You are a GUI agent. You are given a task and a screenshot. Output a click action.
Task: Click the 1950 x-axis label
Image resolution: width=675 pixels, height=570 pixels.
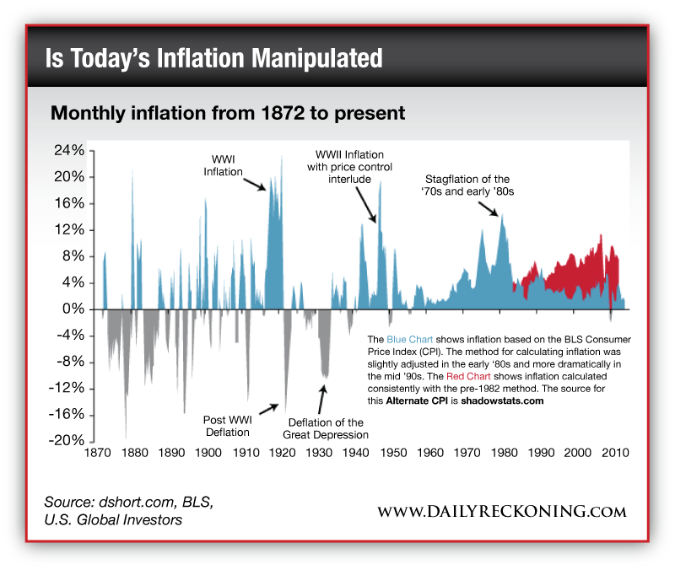click(393, 453)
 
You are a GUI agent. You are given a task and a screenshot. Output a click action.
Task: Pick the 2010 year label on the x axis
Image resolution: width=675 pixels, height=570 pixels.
click(615, 453)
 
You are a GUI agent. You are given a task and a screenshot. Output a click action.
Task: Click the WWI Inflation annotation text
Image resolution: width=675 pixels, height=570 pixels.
click(223, 165)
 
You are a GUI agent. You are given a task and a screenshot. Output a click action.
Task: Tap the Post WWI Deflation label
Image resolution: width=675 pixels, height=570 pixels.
click(226, 426)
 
